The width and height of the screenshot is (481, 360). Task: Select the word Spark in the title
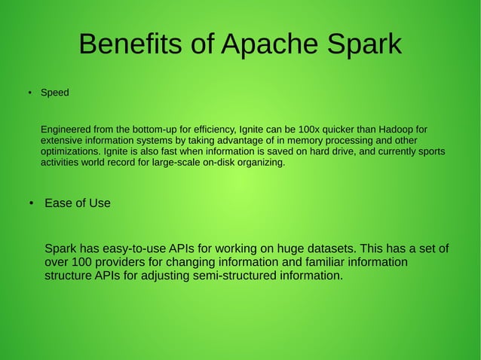363,44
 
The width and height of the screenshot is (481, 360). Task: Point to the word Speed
54,93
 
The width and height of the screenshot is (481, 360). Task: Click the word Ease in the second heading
58,203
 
